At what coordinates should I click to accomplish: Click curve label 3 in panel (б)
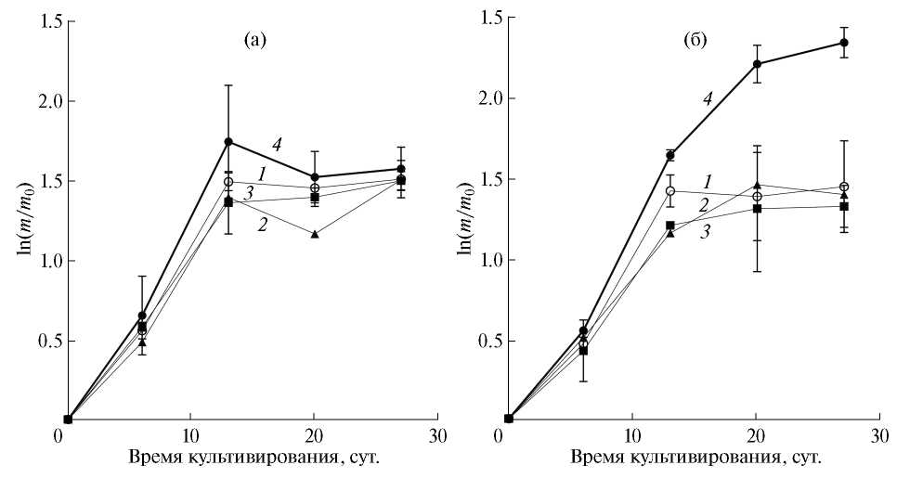[706, 232]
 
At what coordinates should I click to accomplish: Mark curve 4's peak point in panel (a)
[228, 142]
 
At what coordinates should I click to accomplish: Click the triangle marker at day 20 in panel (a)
[315, 234]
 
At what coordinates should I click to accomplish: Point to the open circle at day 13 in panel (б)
[669, 191]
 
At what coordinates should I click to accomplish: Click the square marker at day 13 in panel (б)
[669, 226]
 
